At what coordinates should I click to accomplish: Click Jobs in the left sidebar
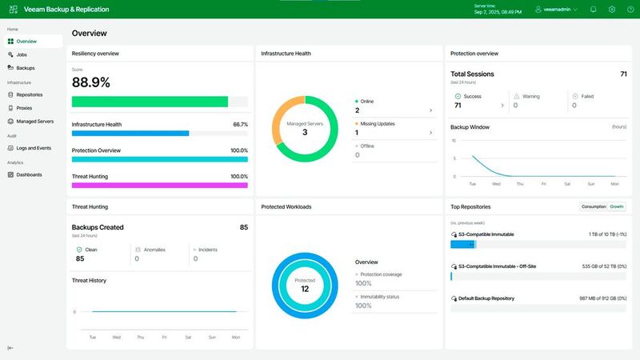pos(22,54)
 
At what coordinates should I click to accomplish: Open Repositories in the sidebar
pos(29,94)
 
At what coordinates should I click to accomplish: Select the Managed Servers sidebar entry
pos(34,122)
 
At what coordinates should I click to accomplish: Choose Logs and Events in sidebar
pos(33,148)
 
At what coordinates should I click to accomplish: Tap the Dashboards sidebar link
pos(29,174)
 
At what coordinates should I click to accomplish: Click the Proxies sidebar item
pos(24,108)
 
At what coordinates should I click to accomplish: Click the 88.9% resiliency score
pos(91,82)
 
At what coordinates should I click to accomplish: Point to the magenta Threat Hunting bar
pos(159,186)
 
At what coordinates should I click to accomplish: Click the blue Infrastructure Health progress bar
pos(130,134)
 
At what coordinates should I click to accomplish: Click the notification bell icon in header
pos(593,10)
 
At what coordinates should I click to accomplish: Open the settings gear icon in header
pos(611,10)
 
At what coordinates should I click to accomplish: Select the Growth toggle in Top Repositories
pos(617,206)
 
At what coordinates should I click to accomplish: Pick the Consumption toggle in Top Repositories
pos(594,206)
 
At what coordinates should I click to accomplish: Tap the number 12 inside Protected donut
pos(305,289)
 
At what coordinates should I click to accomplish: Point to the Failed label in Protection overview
pos(587,96)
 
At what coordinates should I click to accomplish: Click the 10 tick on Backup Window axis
pos(454,140)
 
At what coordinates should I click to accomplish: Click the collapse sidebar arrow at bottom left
pos(10,348)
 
